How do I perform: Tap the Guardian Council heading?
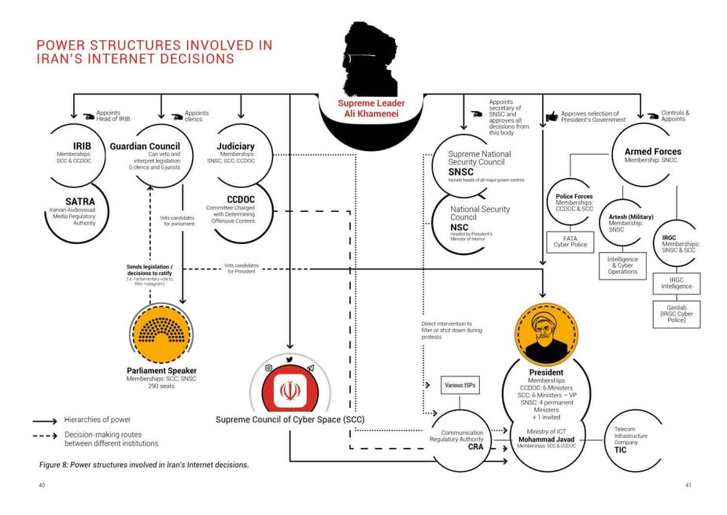click(145, 146)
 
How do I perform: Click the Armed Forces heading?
click(653, 151)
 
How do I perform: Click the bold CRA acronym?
click(475, 446)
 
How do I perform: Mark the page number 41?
click(688, 485)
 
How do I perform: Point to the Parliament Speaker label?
click(161, 370)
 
